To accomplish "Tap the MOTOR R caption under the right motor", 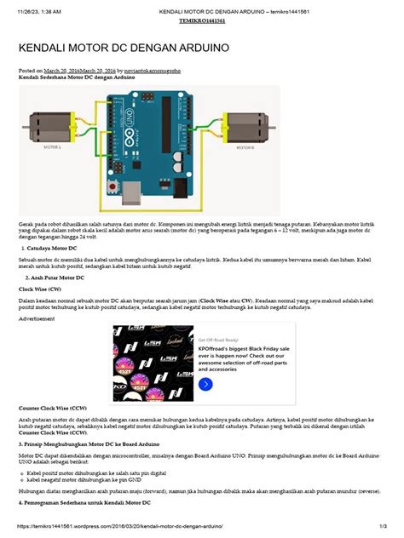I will coord(245,147).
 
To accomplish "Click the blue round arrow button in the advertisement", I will coord(205,385).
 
